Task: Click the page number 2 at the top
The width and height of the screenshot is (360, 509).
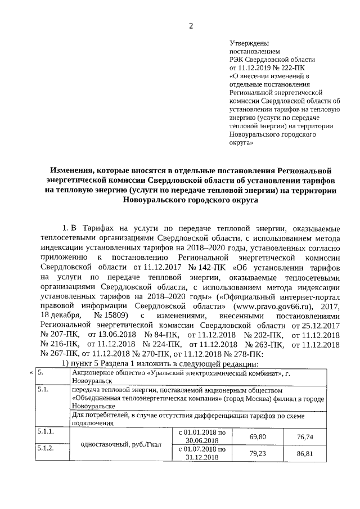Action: (x=191, y=25)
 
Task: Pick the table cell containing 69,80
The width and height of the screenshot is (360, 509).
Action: (x=257, y=436)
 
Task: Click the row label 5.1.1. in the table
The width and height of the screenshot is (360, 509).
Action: (x=46, y=431)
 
